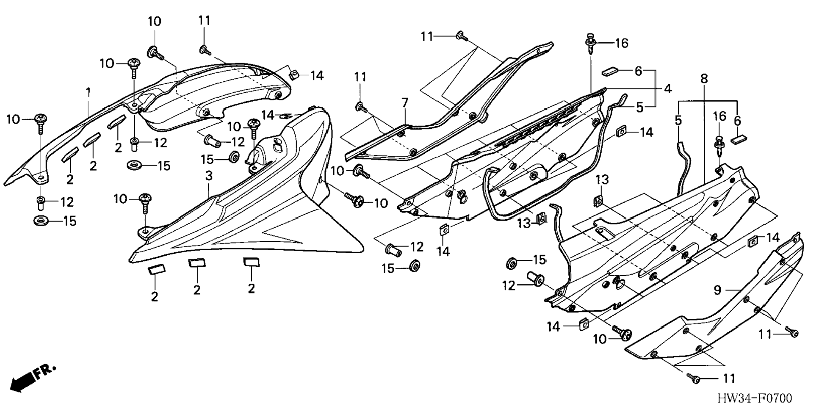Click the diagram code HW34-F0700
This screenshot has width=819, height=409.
tap(755, 398)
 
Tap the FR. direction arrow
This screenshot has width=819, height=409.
tap(32, 378)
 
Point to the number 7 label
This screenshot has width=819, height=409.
tap(405, 102)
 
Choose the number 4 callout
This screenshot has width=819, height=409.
tap(668, 89)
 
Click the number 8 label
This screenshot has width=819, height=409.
tap(704, 79)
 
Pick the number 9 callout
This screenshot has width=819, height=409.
tap(717, 290)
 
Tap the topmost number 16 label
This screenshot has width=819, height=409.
tap(621, 43)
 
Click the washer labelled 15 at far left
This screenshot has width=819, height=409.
tap(41, 221)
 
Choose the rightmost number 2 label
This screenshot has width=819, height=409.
tap(251, 289)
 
